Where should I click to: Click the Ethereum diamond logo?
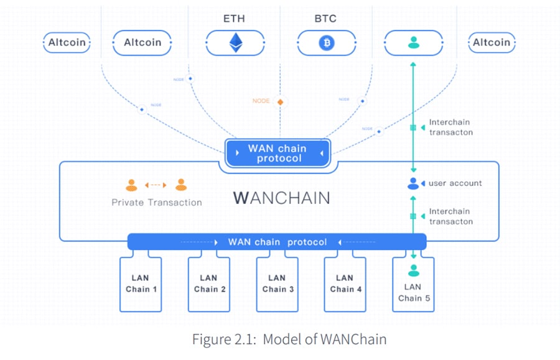click(235, 42)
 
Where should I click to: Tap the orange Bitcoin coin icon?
click(325, 43)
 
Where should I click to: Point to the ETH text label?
click(234, 18)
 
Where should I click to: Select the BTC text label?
click(325, 18)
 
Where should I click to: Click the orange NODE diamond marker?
click(280, 101)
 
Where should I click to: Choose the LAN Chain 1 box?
click(141, 284)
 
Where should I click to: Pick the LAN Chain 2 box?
click(209, 284)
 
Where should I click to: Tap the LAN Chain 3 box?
click(278, 284)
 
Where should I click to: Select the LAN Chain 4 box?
click(345, 284)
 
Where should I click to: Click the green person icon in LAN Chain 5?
click(413, 271)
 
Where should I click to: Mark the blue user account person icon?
click(413, 183)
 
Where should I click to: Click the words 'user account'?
click(455, 183)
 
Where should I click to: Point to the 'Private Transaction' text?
click(157, 202)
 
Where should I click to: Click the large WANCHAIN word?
click(281, 198)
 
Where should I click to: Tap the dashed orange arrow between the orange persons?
click(156, 185)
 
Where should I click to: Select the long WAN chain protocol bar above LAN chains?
click(277, 241)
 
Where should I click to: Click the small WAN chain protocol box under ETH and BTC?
click(278, 153)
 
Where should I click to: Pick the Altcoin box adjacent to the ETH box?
click(142, 43)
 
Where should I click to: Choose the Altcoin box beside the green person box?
click(491, 43)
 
